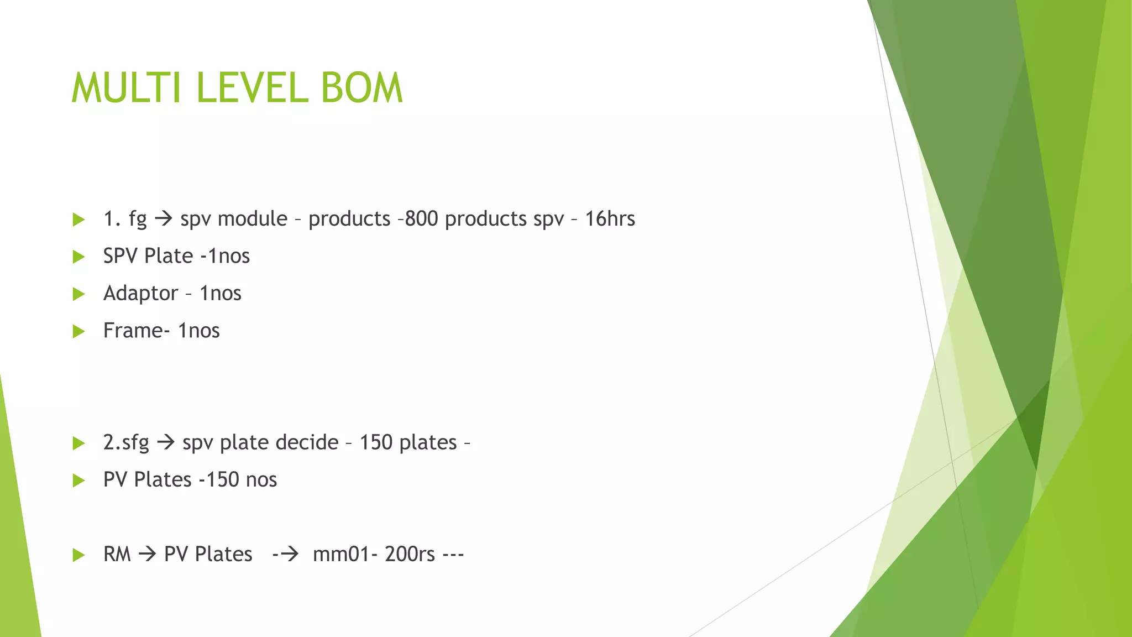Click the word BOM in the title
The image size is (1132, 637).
coord(362,88)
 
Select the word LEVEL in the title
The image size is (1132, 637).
coord(251,88)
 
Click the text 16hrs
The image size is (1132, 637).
coord(610,219)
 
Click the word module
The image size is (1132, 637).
coord(253,219)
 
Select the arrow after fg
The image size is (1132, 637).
coord(164,219)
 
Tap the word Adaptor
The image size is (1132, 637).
coord(141,293)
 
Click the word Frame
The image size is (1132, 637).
coord(134,331)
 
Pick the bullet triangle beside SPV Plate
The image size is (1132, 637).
coord(79,257)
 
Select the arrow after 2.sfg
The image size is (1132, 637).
coord(166,442)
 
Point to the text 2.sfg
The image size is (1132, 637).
coord(126,442)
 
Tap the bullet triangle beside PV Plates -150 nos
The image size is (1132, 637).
coord(79,480)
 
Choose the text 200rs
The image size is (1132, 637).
coord(410,554)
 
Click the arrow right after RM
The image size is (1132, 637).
coord(148,554)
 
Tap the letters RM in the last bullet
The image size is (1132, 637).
coord(117,554)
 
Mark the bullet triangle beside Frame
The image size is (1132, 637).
coord(79,331)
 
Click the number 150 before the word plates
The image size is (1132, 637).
coord(376,442)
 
